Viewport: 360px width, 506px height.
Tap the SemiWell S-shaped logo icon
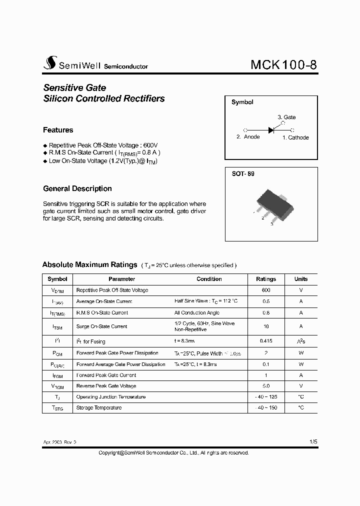click(x=50, y=63)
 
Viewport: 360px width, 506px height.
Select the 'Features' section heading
click(x=58, y=130)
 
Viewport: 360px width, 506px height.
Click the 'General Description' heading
click(x=77, y=188)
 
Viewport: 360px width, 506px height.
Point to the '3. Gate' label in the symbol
click(x=286, y=117)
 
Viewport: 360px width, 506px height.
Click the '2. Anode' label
click(x=248, y=137)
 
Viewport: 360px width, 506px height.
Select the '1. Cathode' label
click(x=295, y=137)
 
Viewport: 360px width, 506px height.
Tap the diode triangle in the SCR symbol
click(x=271, y=130)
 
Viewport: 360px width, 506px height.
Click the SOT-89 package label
click(x=242, y=174)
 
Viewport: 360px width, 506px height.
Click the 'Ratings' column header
click(x=266, y=279)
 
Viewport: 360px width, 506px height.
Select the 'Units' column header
click(x=301, y=279)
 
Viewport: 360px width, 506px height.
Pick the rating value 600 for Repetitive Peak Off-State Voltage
click(x=266, y=290)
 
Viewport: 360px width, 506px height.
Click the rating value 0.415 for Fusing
click(x=266, y=341)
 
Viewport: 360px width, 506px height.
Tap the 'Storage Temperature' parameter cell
click(x=99, y=408)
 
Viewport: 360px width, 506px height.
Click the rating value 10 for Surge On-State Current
click(x=266, y=326)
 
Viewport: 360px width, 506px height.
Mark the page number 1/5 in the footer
click(x=313, y=442)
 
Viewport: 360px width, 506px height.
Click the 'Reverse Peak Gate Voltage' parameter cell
click(x=106, y=386)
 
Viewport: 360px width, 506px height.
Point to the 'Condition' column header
click(x=209, y=279)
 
